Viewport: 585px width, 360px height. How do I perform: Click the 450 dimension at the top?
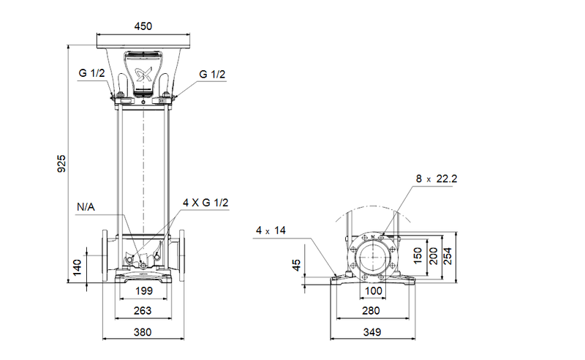[143, 26]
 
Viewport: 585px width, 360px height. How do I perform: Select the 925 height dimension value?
[61, 164]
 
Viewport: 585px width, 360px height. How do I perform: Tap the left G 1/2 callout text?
[92, 73]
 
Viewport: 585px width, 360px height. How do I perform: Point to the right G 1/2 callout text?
[212, 74]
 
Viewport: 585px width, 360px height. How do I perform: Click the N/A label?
[86, 207]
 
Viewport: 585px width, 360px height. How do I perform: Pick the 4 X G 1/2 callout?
[205, 203]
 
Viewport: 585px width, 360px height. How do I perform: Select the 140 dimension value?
[77, 268]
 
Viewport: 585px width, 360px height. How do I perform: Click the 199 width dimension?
[143, 291]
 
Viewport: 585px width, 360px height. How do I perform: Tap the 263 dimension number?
[143, 311]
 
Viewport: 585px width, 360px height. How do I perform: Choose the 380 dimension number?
[143, 332]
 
